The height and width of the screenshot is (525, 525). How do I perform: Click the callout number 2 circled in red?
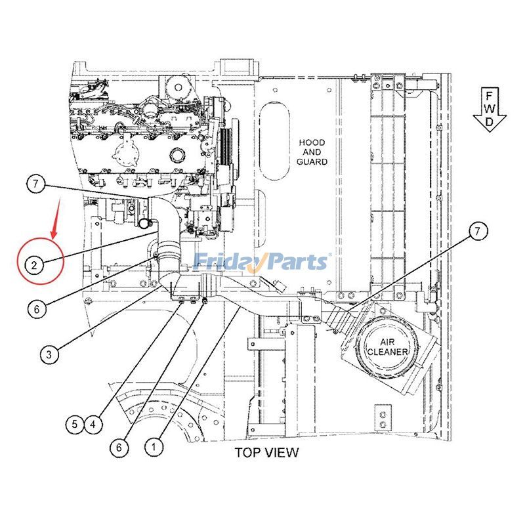(x=34, y=265)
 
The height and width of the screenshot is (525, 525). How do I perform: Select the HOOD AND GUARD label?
(x=312, y=152)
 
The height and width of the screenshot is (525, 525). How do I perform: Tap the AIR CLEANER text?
(x=388, y=347)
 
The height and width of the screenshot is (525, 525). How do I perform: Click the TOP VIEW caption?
(x=266, y=452)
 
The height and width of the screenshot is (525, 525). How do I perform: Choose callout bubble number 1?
(x=153, y=447)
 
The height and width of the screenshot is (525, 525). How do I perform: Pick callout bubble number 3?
(x=49, y=355)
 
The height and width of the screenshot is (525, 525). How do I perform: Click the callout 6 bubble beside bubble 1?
(x=119, y=447)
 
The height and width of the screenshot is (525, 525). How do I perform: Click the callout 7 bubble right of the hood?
(x=478, y=230)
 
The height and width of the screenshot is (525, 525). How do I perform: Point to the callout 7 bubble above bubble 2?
(x=37, y=184)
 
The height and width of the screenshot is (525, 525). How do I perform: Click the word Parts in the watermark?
(x=295, y=262)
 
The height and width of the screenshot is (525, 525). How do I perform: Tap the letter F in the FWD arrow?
(x=490, y=95)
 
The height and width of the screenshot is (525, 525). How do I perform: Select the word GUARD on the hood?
(x=312, y=161)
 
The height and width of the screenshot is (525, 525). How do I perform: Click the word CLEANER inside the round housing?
(x=388, y=352)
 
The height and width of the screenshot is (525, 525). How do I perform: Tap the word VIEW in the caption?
(x=283, y=452)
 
